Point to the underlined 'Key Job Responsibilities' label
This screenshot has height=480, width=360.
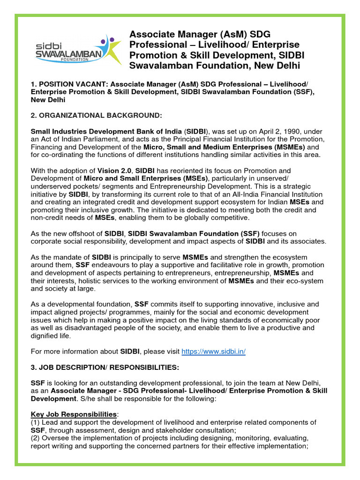[x=74, y=414]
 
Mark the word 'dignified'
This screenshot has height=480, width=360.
[x=46, y=336]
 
